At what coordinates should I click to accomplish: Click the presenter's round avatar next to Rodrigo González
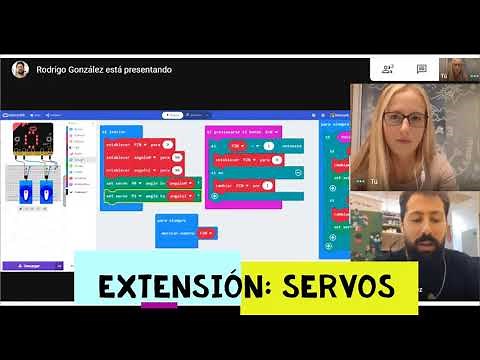point(19,69)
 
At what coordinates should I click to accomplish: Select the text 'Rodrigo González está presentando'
point(104,70)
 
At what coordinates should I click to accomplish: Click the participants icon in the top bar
point(387,69)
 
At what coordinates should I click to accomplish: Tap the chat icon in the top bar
point(418,69)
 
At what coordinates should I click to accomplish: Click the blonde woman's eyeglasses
point(405,118)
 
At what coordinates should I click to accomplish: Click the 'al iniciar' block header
point(115,131)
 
